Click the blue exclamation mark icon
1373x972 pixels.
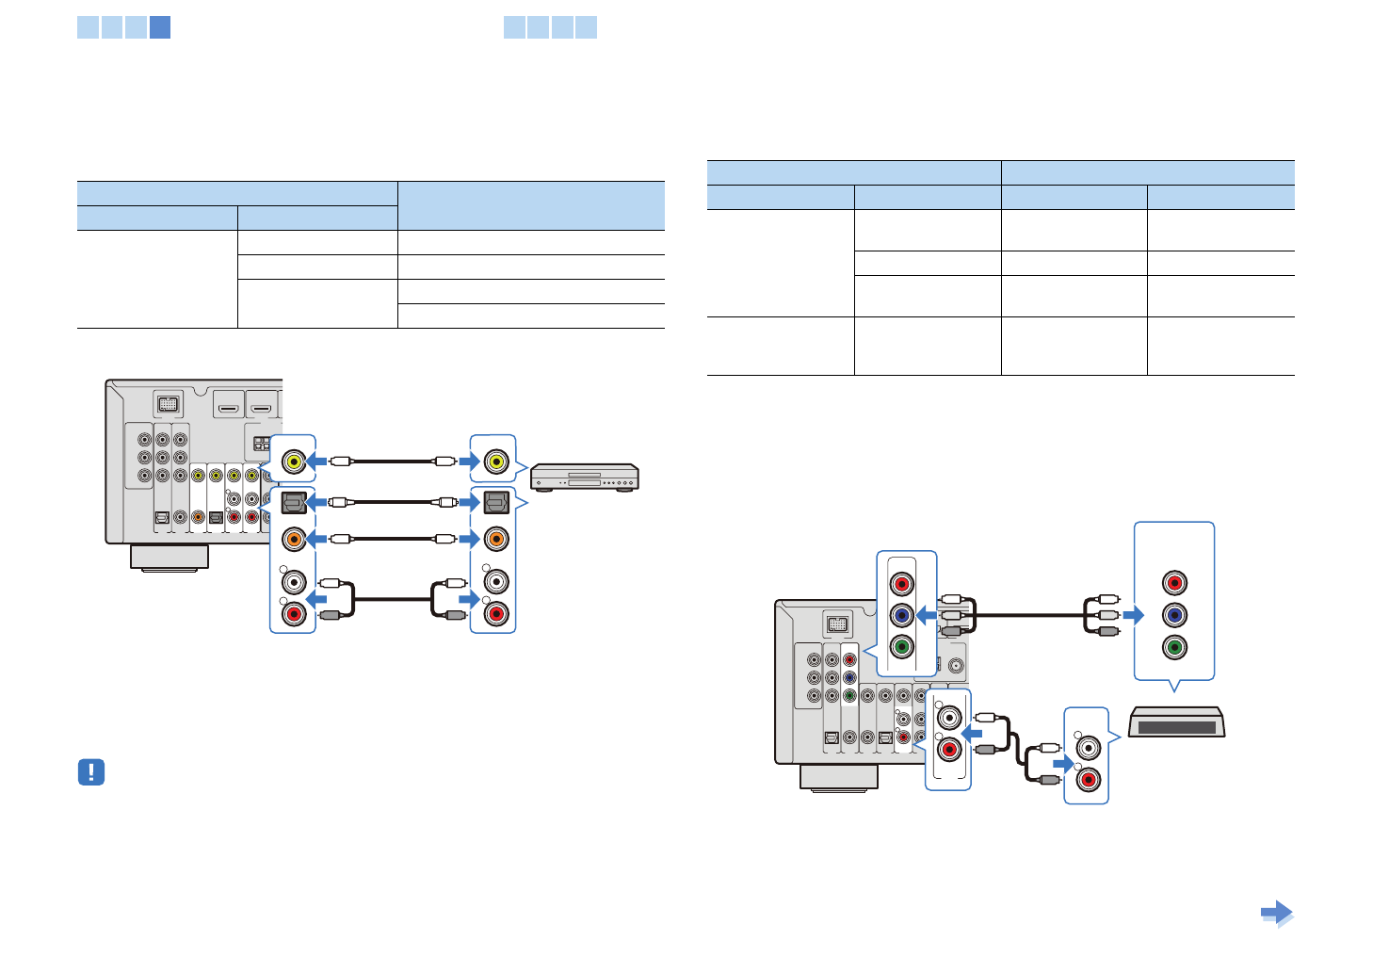(x=90, y=772)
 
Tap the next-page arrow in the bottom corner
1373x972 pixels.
(x=1276, y=913)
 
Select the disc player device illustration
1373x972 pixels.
(x=584, y=478)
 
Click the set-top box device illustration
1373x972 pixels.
(x=1177, y=723)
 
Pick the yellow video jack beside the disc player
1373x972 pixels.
(x=495, y=462)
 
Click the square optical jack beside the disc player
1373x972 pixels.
(x=495, y=502)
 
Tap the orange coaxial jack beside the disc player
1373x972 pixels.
(x=495, y=539)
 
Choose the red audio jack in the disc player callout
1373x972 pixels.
(x=495, y=614)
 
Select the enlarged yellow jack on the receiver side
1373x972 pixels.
(x=294, y=462)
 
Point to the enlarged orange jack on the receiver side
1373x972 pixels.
(x=294, y=539)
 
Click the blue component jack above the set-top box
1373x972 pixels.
(x=1173, y=615)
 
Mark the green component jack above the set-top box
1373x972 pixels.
(x=1173, y=647)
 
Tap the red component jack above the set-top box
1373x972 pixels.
(x=1173, y=582)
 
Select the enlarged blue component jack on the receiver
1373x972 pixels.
(x=901, y=616)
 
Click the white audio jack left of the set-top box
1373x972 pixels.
(x=1088, y=748)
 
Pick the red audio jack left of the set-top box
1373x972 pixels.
(x=1088, y=780)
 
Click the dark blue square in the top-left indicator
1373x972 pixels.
(x=160, y=27)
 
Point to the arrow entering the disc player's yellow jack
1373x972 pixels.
(x=469, y=462)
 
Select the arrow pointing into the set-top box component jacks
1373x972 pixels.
(x=1133, y=615)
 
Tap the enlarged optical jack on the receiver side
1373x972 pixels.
(x=294, y=502)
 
